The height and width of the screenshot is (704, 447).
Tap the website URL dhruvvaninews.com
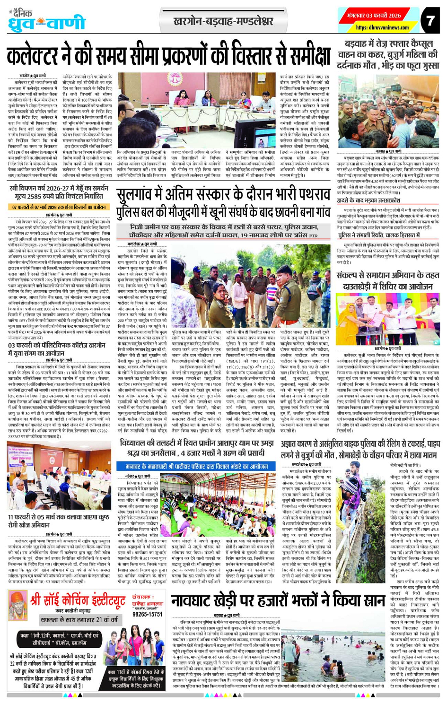tap(382, 28)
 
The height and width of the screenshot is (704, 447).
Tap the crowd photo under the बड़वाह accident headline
tap(388, 111)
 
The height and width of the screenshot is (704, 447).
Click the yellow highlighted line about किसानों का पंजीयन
tap(59, 207)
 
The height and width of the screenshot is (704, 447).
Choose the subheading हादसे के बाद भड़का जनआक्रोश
tap(368, 187)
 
